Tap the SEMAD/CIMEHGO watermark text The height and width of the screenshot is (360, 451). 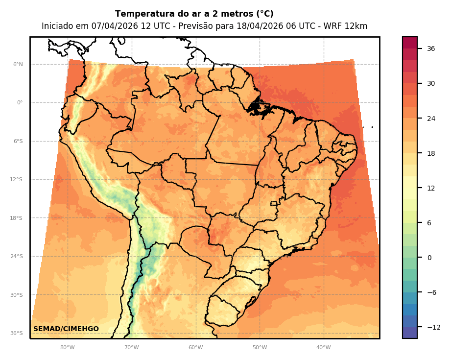[66, 329]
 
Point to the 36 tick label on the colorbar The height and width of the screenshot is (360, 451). [431, 48]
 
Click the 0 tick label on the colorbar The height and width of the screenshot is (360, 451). [429, 258]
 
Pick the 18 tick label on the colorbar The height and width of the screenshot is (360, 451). [431, 153]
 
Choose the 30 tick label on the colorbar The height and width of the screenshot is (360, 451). [431, 83]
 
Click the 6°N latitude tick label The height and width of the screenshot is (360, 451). [18, 64]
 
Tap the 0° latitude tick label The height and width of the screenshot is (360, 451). [19, 103]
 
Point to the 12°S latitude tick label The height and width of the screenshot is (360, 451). [17, 179]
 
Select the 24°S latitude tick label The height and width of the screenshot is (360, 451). [17, 256]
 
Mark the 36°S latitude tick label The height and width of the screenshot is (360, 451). [17, 333]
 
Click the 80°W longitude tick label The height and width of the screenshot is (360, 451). [67, 347]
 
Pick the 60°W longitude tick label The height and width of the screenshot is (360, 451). [195, 347]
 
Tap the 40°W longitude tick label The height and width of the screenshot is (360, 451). [323, 347]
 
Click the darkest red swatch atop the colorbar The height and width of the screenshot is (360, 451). [410, 43]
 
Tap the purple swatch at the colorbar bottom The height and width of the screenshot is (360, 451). [410, 333]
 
